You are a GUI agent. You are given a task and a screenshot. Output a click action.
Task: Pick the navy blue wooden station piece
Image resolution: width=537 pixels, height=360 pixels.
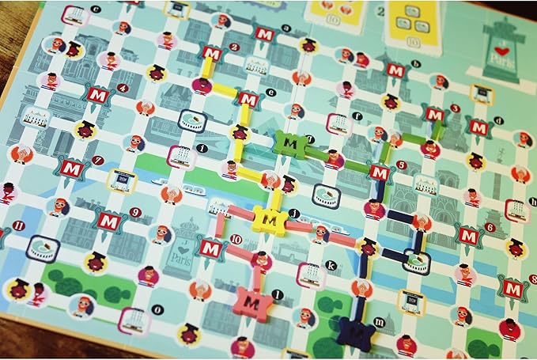354,332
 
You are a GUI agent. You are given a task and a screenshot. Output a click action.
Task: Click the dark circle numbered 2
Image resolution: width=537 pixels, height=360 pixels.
233,47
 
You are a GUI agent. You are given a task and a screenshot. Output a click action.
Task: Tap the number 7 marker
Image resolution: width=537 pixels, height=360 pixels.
97,161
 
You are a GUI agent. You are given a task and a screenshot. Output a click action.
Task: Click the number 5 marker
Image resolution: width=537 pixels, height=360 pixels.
402,165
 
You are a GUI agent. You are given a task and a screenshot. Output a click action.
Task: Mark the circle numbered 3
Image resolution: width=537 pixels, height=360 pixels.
455,108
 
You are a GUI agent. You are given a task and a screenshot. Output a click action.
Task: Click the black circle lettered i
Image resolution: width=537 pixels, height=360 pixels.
202,148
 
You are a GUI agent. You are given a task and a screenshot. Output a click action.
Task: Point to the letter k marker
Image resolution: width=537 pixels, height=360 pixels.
331,266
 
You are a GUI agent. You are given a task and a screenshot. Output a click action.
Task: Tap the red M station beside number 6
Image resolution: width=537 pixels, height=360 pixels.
469,235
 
